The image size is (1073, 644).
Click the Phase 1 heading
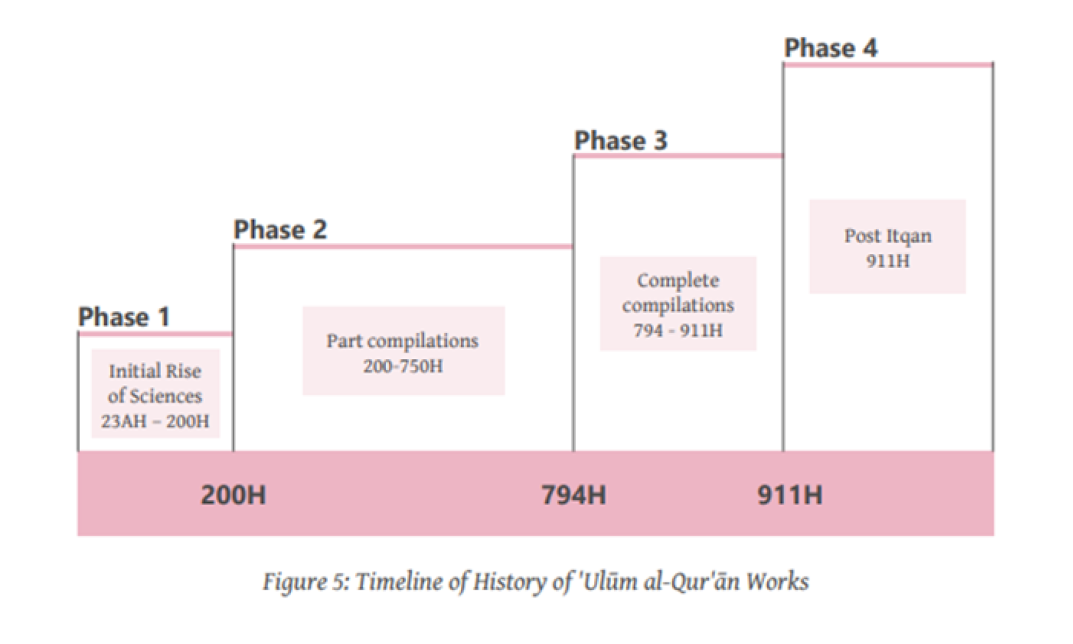coord(124,317)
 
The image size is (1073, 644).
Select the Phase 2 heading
coord(280,229)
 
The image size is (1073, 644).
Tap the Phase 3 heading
coord(620,141)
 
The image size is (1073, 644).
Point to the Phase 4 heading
coord(830,48)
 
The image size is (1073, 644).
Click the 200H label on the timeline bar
coord(233,495)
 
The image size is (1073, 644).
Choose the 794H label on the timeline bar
coord(574,495)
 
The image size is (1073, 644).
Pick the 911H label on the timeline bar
coord(789,495)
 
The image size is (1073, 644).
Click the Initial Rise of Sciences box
coord(155,393)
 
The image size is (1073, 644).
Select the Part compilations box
coord(403,351)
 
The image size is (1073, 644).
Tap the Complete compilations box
coord(678,303)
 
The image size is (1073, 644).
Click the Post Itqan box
coord(888,246)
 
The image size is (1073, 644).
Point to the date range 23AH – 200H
coord(155,421)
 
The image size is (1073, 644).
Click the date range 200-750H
coord(403,366)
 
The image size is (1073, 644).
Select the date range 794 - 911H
coord(678,330)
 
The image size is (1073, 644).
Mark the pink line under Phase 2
coord(403,246)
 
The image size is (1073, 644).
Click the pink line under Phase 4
coord(888,65)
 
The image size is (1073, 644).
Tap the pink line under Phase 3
coord(678,155)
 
